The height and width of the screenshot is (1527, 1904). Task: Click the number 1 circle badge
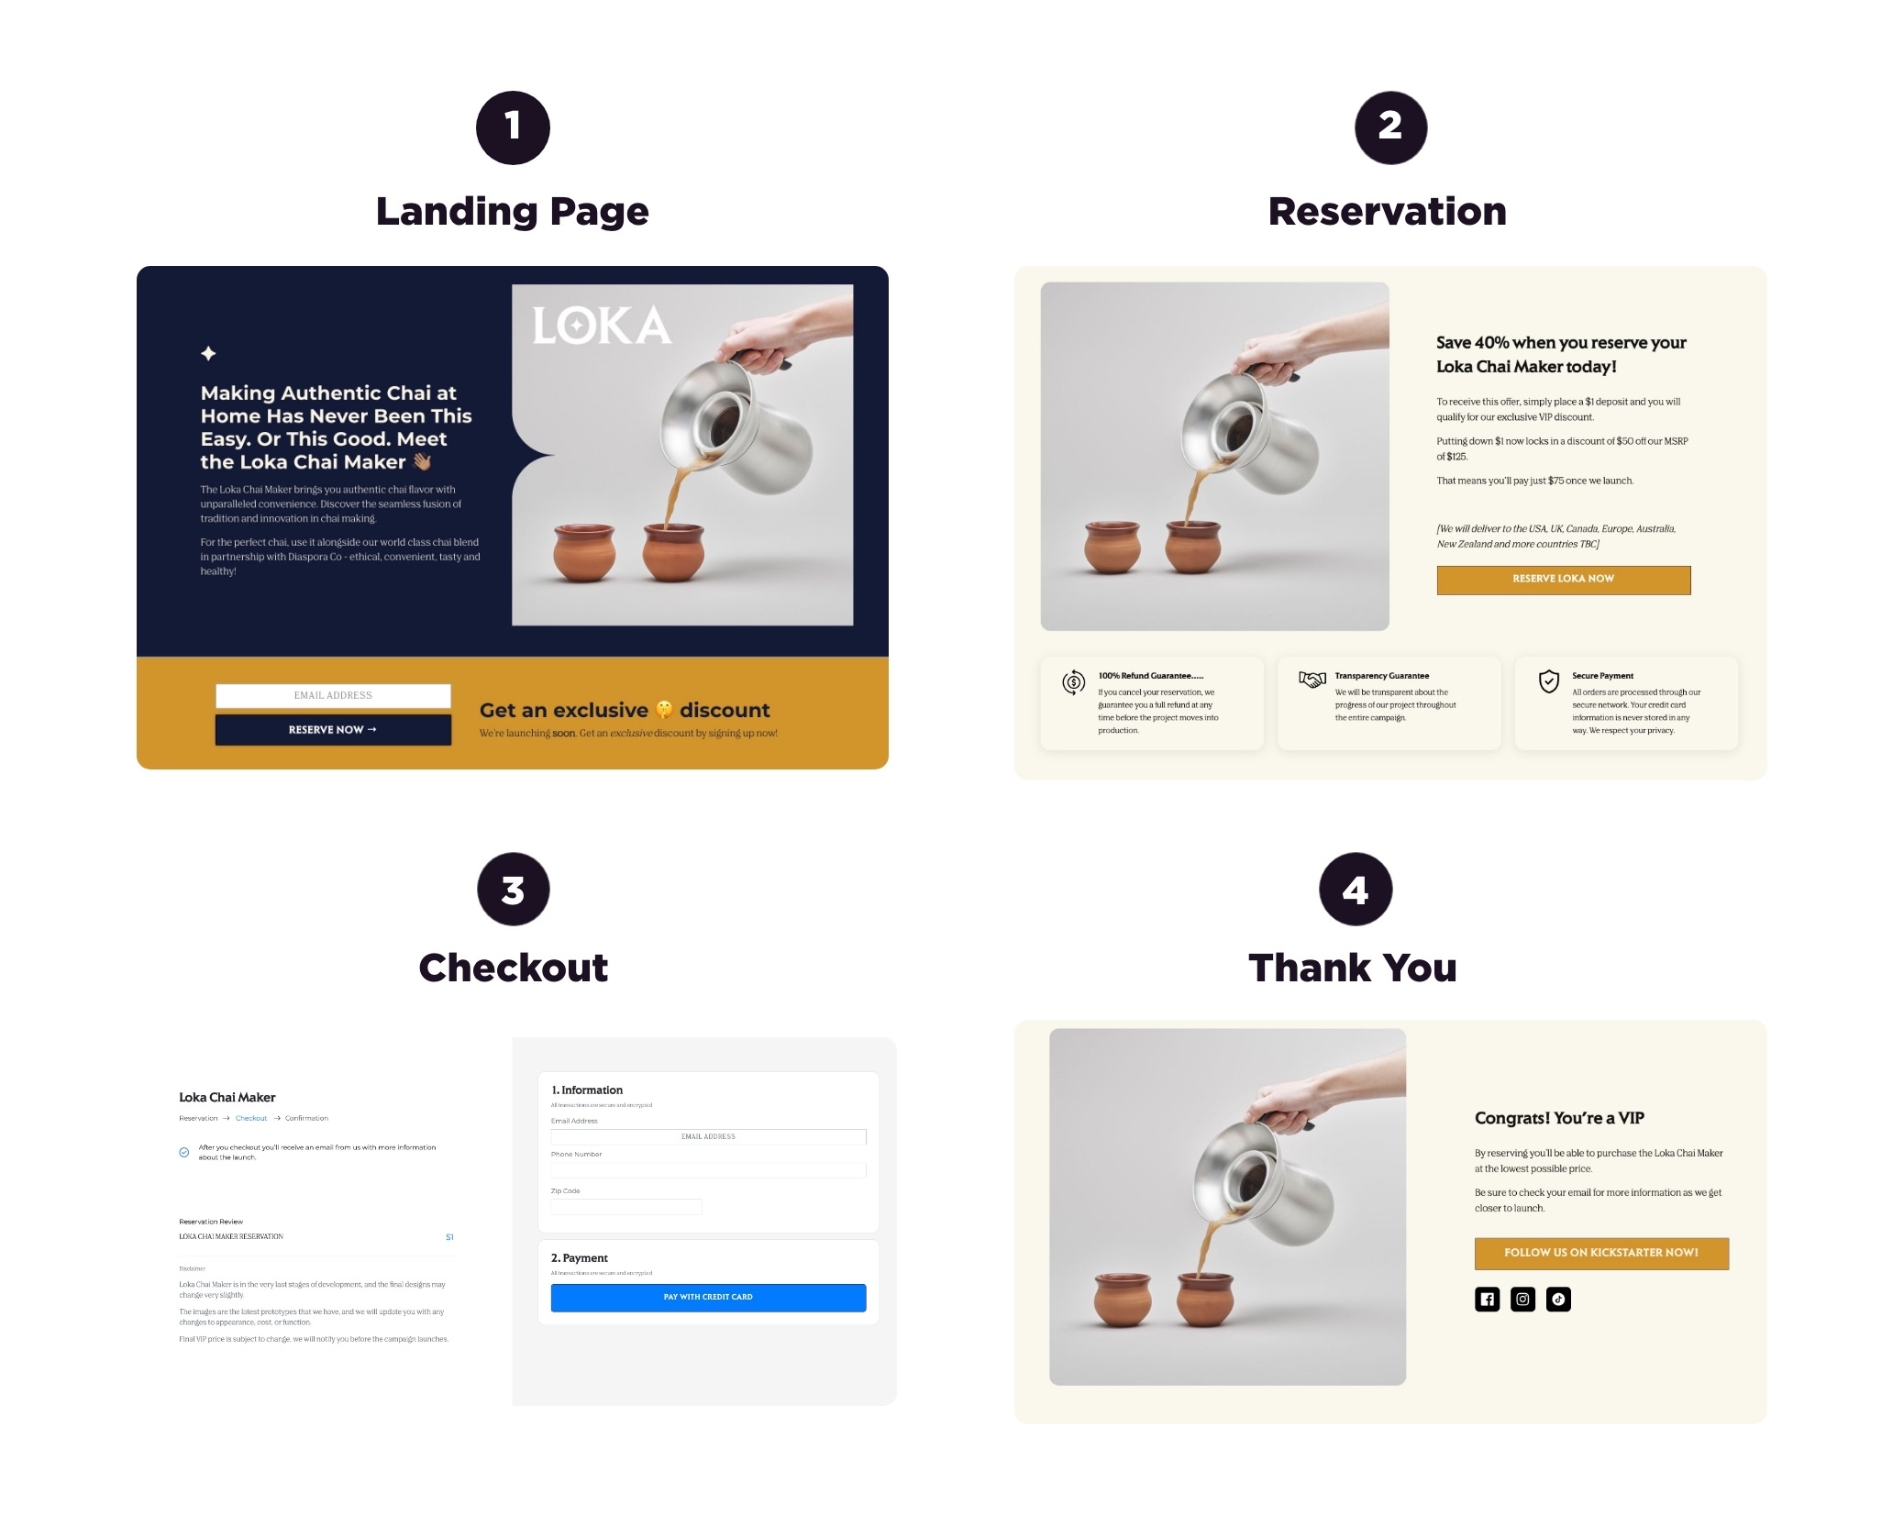(513, 127)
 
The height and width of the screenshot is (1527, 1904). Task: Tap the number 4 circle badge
(1355, 889)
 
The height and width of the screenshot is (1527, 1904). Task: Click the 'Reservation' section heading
(1387, 212)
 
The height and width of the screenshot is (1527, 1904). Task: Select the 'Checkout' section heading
(513, 968)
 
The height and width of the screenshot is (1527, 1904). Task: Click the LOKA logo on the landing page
(602, 326)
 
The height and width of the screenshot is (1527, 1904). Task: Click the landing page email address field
(333, 695)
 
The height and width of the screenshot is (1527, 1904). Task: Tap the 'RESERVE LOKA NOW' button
(1563, 580)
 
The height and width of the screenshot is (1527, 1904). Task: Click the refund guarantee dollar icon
(1073, 682)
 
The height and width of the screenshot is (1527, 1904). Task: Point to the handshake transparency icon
(1312, 680)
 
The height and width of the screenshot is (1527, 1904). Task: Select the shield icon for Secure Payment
(1548, 681)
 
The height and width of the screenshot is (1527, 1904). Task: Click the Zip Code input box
(625, 1207)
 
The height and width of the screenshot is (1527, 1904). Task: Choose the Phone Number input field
(707, 1170)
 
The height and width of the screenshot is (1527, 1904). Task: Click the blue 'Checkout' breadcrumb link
(251, 1118)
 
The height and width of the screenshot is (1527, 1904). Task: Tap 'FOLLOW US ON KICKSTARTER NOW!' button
(1600, 1253)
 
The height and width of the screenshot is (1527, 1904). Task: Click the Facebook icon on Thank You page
(1487, 1299)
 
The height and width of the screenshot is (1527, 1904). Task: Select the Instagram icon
(1522, 1299)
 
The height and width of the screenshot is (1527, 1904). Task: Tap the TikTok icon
(1558, 1299)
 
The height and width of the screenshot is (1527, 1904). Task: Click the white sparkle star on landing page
(208, 353)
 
